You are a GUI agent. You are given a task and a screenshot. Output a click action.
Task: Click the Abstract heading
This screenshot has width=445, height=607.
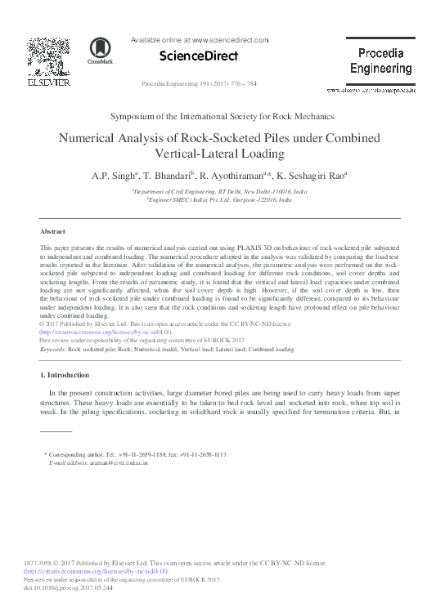pyautogui.click(x=52, y=232)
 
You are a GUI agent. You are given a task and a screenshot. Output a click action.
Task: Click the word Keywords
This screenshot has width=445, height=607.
pyautogui.click(x=53, y=349)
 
